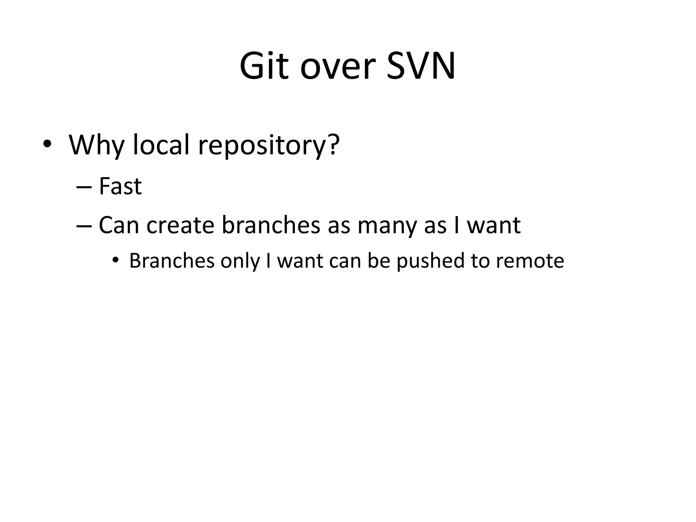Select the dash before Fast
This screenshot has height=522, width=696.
84,187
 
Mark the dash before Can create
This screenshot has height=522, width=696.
84,226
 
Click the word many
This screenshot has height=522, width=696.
386,226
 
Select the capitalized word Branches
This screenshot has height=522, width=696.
172,261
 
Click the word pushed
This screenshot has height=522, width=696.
430,261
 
